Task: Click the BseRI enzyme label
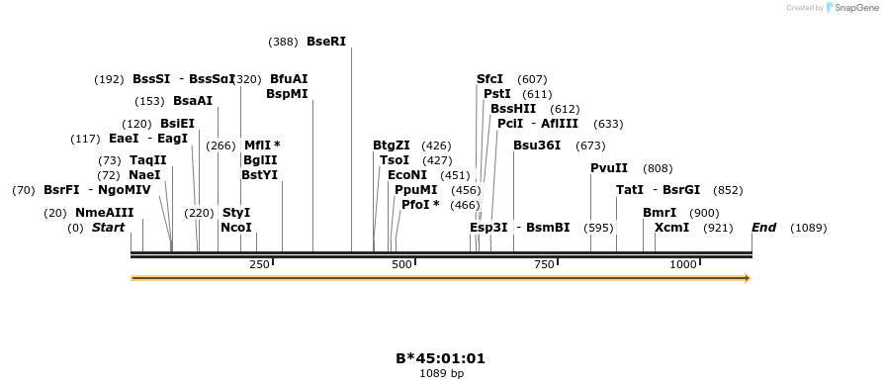(x=326, y=42)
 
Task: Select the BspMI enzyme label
(x=287, y=94)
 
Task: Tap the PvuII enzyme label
(x=609, y=168)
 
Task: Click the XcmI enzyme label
(x=672, y=228)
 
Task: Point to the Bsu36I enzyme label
(x=537, y=146)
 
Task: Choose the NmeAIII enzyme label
(x=104, y=213)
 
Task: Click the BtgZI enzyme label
(x=392, y=146)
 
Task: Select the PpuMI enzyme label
(x=415, y=190)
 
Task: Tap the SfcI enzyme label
(x=489, y=79)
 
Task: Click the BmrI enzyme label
(x=660, y=213)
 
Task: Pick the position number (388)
(x=283, y=42)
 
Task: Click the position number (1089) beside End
(x=808, y=228)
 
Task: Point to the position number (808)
(x=658, y=168)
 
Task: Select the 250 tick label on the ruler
(x=259, y=264)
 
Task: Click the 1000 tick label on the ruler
(x=683, y=264)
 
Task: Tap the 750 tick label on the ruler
(x=544, y=264)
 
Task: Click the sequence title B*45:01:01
(x=441, y=358)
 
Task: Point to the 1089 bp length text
(x=441, y=373)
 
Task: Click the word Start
(x=109, y=228)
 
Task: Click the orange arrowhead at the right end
(x=748, y=278)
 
